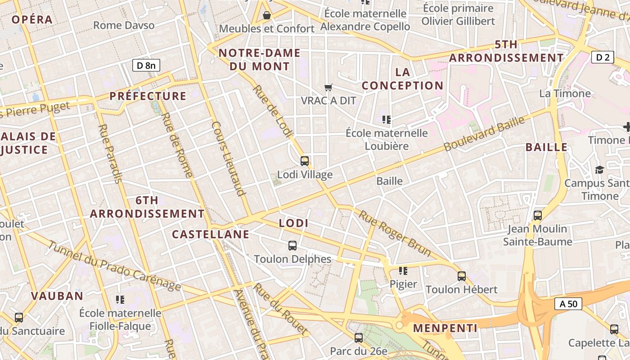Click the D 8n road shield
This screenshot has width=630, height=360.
[x=146, y=65]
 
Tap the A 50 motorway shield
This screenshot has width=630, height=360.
[x=568, y=304]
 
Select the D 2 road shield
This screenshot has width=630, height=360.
[x=603, y=57]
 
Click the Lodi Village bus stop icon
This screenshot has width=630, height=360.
[x=305, y=161]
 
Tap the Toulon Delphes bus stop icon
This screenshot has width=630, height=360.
[x=292, y=245]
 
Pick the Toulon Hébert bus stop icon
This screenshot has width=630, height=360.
[x=462, y=276]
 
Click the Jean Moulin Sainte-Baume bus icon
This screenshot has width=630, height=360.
[x=538, y=215]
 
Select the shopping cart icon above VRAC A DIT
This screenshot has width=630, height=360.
[x=328, y=87]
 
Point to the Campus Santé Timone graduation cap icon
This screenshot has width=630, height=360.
[x=599, y=170]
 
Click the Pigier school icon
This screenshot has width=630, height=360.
[x=403, y=270]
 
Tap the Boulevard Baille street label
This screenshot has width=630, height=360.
[x=484, y=134]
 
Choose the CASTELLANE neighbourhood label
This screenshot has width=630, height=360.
[x=211, y=234]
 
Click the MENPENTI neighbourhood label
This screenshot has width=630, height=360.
[x=445, y=328]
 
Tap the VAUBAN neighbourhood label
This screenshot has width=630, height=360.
[x=57, y=296]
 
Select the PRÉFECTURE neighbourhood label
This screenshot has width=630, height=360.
[x=148, y=96]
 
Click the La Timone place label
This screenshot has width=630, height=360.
[x=565, y=94]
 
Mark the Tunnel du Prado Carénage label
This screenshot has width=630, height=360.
[x=114, y=266]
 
